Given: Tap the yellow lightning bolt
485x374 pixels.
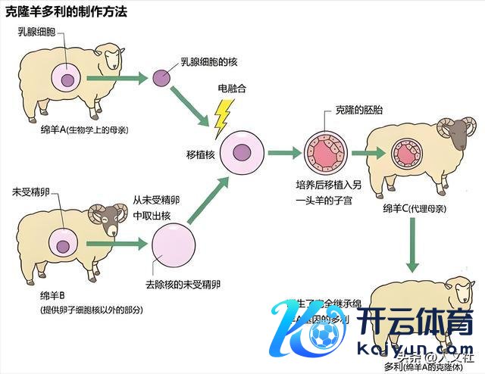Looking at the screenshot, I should click(222, 117).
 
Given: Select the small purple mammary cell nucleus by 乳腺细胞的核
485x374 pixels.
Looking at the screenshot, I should click(161, 77).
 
